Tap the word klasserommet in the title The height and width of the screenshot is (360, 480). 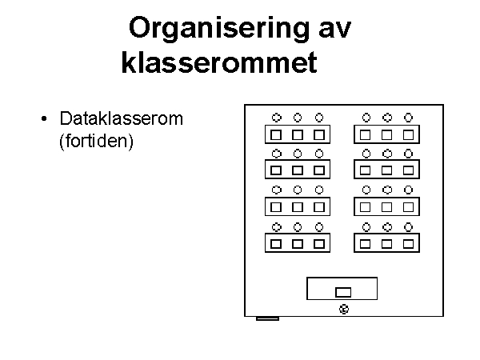(x=219, y=62)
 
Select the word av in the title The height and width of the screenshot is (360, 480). (x=335, y=30)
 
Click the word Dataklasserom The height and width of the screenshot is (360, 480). (x=122, y=118)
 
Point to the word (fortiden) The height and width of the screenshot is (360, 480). (x=97, y=141)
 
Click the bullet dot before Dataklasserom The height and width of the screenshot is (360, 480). (x=44, y=118)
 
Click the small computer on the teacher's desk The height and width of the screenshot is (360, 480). (x=343, y=292)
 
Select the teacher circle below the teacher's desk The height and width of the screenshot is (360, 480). (x=344, y=309)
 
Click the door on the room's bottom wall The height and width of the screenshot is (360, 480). (x=267, y=318)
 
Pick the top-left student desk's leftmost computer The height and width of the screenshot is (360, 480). (x=276, y=134)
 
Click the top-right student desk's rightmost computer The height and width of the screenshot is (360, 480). (x=408, y=134)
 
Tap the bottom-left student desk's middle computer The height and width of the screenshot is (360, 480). (x=298, y=244)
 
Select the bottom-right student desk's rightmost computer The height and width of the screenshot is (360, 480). (x=408, y=244)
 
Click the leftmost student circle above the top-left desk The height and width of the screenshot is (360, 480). (x=277, y=118)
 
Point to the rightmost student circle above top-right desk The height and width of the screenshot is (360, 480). (x=408, y=118)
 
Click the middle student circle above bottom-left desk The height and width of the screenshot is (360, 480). (x=298, y=227)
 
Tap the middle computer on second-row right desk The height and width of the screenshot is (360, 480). (x=386, y=170)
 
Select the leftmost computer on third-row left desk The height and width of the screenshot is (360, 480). (x=276, y=207)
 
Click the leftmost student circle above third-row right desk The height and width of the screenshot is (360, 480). (x=366, y=190)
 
